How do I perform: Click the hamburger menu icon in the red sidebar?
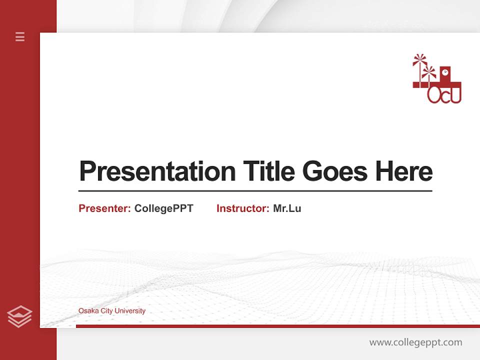(x=20, y=36)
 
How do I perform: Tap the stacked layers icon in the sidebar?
(x=19, y=316)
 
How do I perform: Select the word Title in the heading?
(x=268, y=171)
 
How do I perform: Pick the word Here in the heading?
(x=403, y=171)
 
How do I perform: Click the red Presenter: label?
(x=105, y=208)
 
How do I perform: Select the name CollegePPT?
(x=163, y=208)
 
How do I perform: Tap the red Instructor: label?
(x=243, y=208)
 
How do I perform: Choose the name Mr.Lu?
(x=287, y=208)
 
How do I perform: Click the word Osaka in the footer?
(x=88, y=311)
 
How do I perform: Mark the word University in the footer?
(x=130, y=311)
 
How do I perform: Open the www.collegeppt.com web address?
(x=415, y=342)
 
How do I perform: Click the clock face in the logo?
(x=445, y=73)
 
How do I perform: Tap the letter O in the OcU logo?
(x=434, y=95)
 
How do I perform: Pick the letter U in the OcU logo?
(x=454, y=95)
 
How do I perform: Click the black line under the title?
(x=255, y=190)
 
